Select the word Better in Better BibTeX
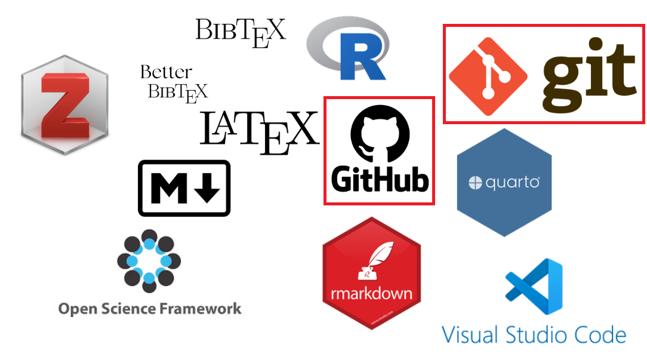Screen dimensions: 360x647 point(166,73)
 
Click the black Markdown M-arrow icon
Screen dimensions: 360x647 point(184,188)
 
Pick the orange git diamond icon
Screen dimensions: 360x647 point(488,76)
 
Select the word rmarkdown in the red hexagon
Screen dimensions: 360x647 point(371,293)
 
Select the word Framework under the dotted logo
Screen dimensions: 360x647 point(204,309)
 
